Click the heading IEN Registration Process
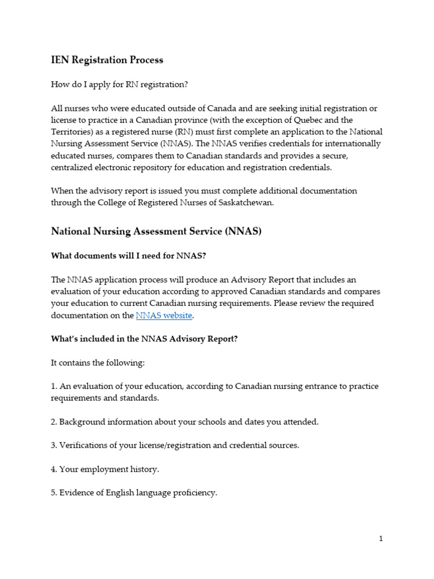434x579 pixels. tap(107, 59)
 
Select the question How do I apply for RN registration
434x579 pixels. tap(119, 84)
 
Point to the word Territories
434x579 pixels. tap(72, 132)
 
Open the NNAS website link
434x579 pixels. tap(164, 316)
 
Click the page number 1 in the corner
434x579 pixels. tap(381, 539)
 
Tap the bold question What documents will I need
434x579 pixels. tap(128, 256)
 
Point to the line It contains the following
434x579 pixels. tap(98, 362)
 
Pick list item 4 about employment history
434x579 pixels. tap(105, 469)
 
